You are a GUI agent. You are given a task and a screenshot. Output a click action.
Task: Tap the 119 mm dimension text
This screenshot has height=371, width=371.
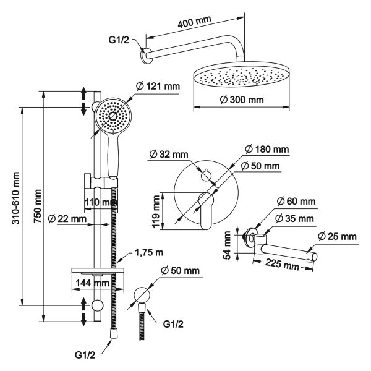(x=156, y=210)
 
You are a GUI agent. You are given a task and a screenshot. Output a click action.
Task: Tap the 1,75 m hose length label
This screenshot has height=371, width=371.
(x=150, y=253)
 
